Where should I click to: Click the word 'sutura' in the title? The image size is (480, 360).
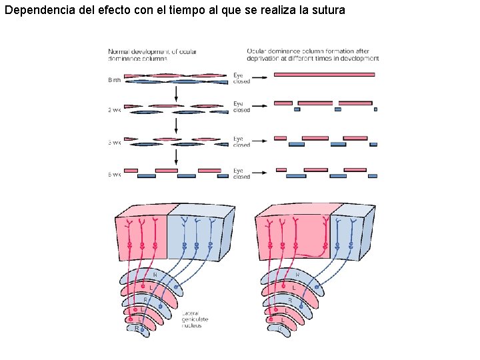pyautogui.click(x=327, y=11)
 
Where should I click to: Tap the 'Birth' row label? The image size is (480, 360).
pyautogui.click(x=115, y=80)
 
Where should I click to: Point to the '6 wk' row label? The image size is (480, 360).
pyautogui.click(x=115, y=175)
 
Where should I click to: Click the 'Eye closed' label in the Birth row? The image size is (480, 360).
pyautogui.click(x=241, y=78)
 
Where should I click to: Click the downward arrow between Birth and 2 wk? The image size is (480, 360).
pyautogui.click(x=175, y=94)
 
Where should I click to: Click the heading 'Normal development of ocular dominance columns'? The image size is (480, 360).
pyautogui.click(x=152, y=55)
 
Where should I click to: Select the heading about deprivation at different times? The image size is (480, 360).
pyautogui.click(x=313, y=55)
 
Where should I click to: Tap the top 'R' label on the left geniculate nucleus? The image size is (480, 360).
pyautogui.click(x=155, y=274)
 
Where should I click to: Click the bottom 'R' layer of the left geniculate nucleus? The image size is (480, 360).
pyautogui.click(x=137, y=328)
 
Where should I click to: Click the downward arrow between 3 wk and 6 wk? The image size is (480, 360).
pyautogui.click(x=175, y=157)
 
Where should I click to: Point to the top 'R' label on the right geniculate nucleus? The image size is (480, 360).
pyautogui.click(x=297, y=274)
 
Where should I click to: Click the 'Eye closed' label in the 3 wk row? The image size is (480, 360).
pyautogui.click(x=241, y=142)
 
